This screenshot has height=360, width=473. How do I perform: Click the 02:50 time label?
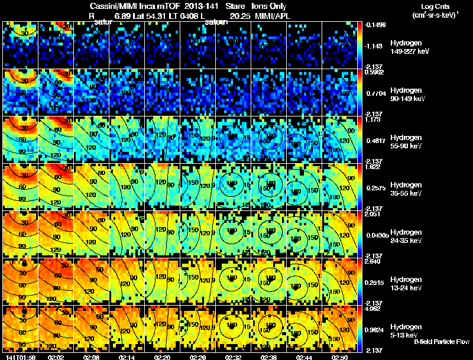click(340, 357)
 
